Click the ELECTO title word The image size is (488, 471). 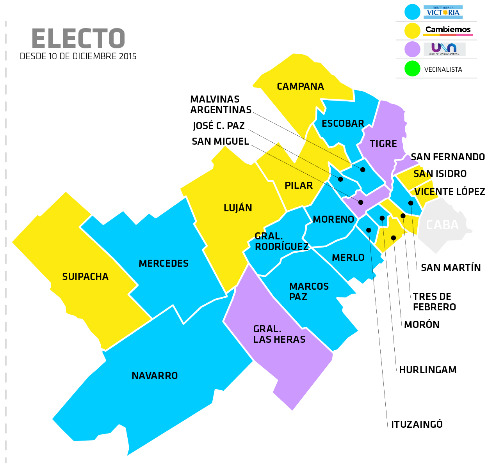click(x=78, y=39)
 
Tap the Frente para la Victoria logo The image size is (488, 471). click(x=443, y=12)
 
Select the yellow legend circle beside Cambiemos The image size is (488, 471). click(x=412, y=31)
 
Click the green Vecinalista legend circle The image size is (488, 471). click(x=412, y=69)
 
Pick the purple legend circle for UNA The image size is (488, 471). click(x=412, y=50)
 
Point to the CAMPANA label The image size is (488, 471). click(x=300, y=87)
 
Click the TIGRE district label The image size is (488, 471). click(x=383, y=144)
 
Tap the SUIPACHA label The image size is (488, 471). click(x=85, y=277)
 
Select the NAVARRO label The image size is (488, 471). click(x=155, y=376)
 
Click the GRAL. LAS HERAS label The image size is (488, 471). click(x=279, y=334)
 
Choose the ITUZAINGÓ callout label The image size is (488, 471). click(x=417, y=424)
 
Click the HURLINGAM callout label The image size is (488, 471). click(x=427, y=370)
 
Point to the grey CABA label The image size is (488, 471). click(x=442, y=225)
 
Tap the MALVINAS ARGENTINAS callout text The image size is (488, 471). click(x=221, y=104)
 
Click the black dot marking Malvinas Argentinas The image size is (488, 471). click(x=363, y=170)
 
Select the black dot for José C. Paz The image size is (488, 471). click(x=340, y=179)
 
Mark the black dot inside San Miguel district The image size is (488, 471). click(x=361, y=202)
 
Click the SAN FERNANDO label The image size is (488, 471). click(x=447, y=157)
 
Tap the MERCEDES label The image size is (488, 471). click(x=164, y=264)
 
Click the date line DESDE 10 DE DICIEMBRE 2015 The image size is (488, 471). click(x=78, y=57)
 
